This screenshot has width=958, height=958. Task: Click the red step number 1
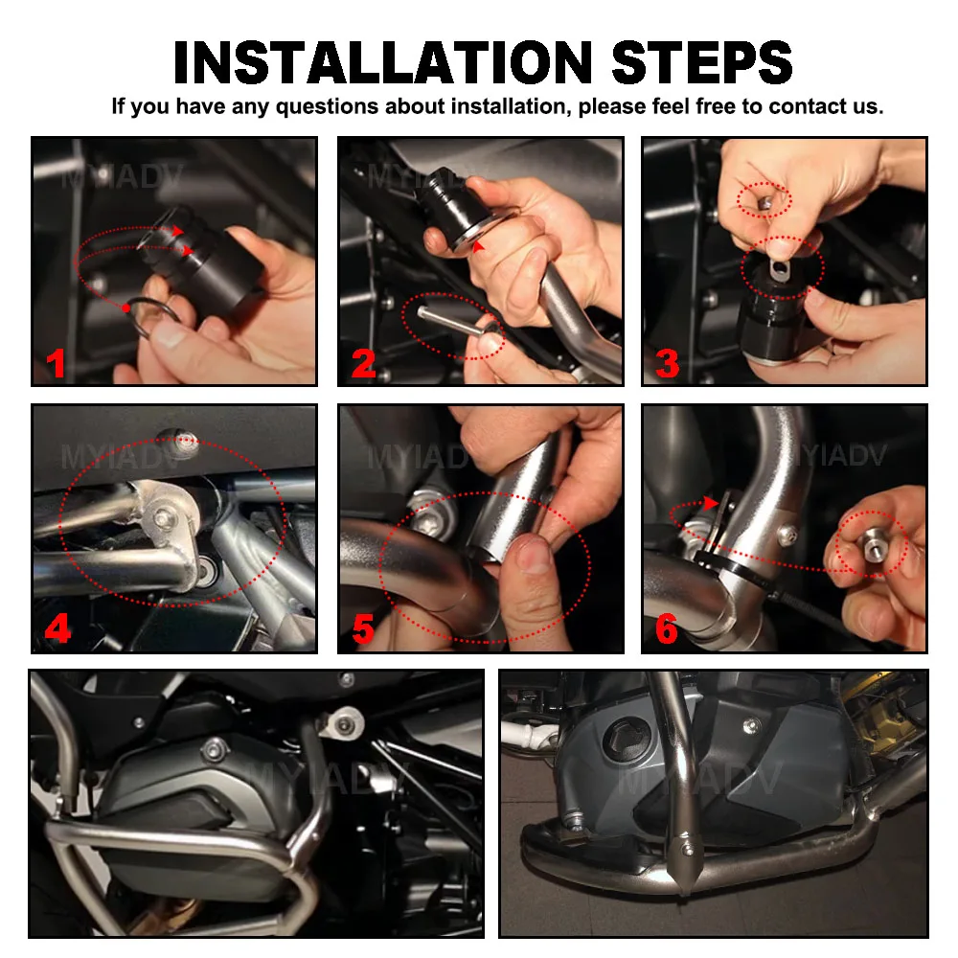56,363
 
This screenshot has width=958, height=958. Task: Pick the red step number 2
363,363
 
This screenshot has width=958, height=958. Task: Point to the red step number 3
667,363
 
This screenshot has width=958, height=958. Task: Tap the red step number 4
58,628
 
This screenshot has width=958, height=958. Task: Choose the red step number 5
363,628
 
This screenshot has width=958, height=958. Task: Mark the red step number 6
667,628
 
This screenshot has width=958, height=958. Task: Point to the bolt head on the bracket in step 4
162,518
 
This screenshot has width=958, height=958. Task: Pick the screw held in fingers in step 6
871,544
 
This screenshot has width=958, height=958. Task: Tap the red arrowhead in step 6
710,503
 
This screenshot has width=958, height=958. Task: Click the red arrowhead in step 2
478,246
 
